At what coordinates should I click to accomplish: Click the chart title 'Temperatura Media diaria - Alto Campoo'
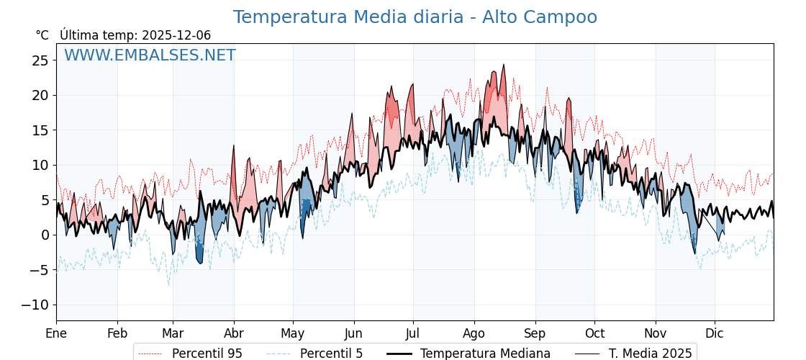tap(415, 17)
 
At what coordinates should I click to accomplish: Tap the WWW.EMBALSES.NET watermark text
tap(150, 55)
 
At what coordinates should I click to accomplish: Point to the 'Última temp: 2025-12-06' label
tap(135, 35)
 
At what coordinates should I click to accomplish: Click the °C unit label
tap(42, 35)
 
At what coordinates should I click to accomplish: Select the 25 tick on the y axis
tap(40, 60)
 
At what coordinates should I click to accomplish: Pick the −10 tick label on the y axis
tap(36, 305)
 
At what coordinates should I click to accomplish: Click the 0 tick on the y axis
tap(45, 235)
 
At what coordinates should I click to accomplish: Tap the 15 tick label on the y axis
tap(40, 130)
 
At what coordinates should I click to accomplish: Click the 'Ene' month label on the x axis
tap(56, 333)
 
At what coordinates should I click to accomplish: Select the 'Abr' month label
tap(234, 333)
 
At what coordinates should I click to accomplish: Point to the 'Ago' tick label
tap(474, 333)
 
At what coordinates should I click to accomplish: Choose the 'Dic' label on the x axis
tap(715, 333)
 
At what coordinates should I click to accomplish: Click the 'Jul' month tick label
tap(413, 333)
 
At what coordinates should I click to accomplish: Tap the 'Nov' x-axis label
tap(656, 333)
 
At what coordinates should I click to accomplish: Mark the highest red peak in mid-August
tap(504, 66)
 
